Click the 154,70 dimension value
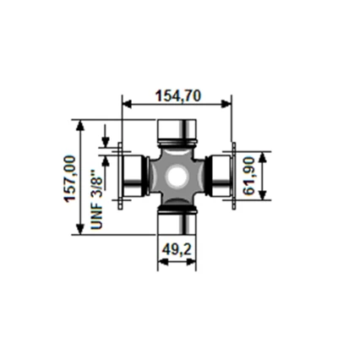177,95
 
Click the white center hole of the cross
177,177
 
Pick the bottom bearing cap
177,223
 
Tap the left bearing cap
132,177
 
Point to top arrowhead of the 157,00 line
81,124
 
